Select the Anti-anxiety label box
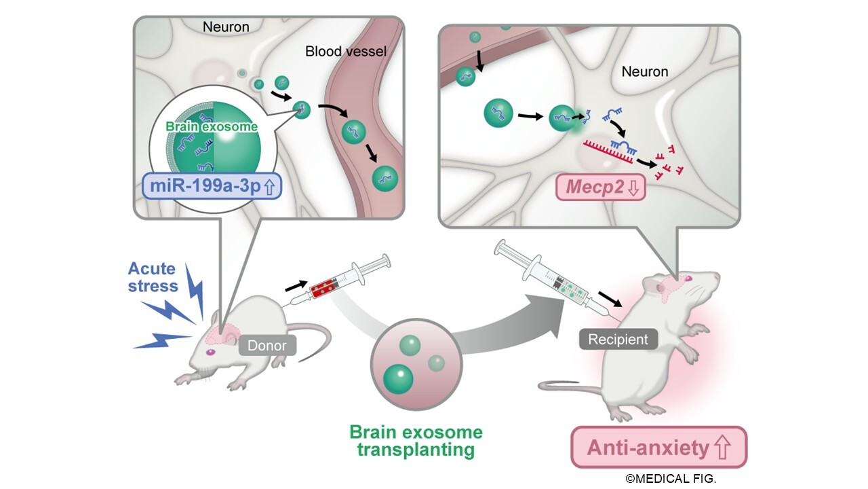point(658,448)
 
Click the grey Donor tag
point(267,346)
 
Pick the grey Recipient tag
point(618,338)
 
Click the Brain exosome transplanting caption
point(416,441)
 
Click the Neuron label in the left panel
point(226,27)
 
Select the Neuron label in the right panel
point(644,71)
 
